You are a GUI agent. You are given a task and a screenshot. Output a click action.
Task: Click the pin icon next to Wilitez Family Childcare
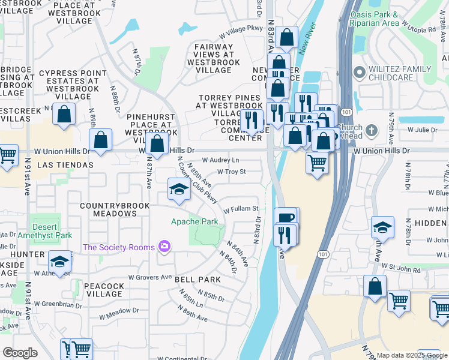359,73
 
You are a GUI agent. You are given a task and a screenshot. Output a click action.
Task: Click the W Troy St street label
231,172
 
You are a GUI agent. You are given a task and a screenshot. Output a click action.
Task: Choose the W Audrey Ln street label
220,160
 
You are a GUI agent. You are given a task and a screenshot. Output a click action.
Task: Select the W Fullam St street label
241,209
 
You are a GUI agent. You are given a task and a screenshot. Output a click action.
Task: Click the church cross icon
372,130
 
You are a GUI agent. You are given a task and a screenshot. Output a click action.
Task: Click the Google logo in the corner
20,353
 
